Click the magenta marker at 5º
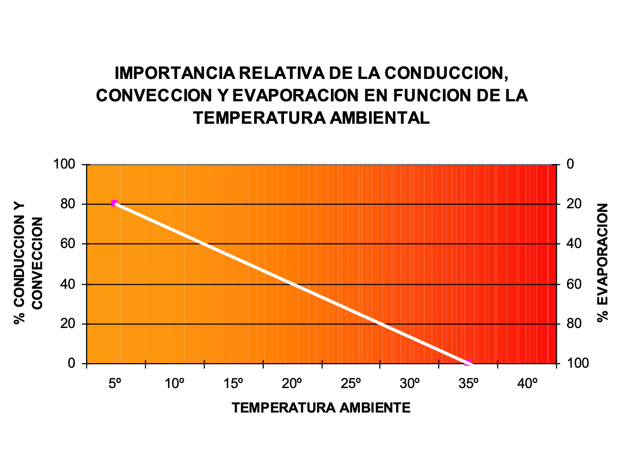click(115, 203)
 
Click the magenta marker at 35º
click(468, 363)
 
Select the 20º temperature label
click(293, 383)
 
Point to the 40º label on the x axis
click(528, 383)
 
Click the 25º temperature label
click(351, 383)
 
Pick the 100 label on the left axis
click(64, 165)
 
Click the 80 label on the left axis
click(68, 204)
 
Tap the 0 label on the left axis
click(71, 364)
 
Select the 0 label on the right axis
click(570, 165)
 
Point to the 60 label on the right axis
click(574, 284)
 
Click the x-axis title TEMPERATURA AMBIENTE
click(321, 408)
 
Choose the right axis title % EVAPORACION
click(604, 263)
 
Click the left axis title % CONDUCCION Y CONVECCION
click(28, 263)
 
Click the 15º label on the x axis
click(233, 383)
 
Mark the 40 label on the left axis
click(68, 284)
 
